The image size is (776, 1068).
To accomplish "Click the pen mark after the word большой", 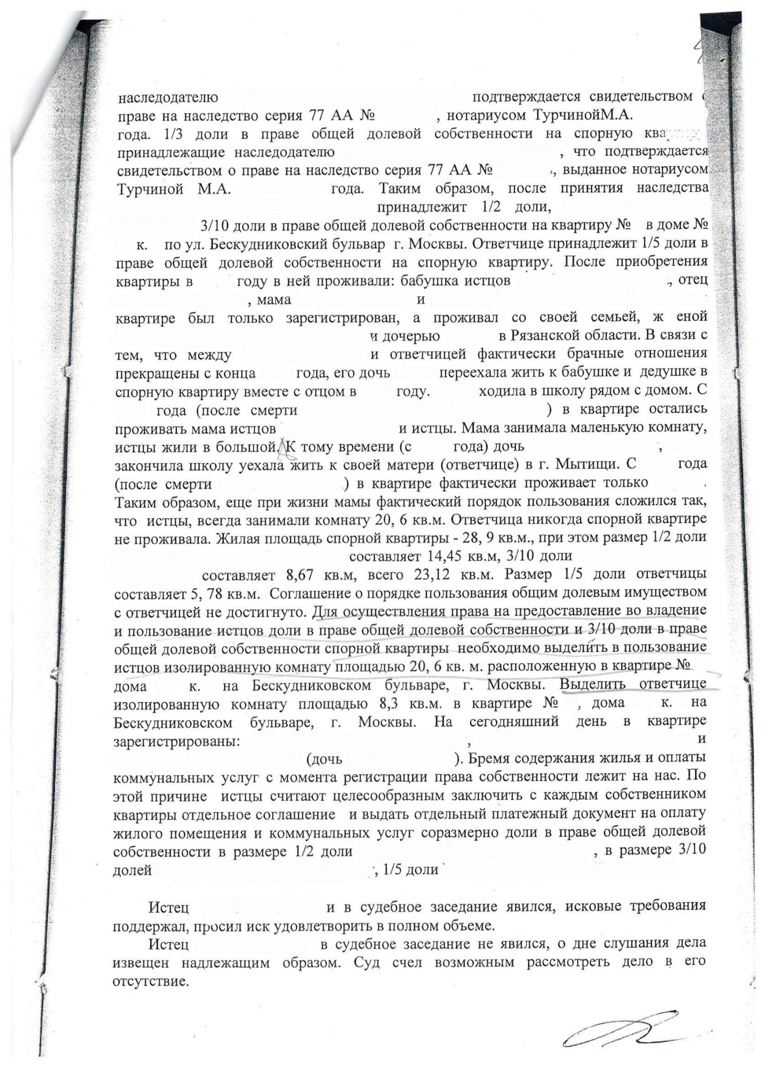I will [x=284, y=446].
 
